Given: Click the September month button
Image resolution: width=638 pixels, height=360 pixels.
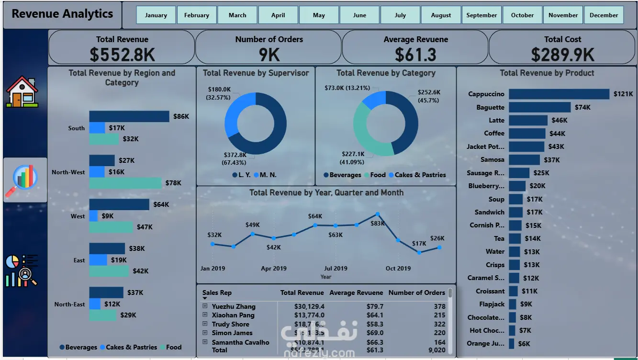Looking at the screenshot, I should click(x=481, y=15).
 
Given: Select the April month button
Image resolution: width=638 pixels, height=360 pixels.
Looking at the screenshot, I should click(x=278, y=15).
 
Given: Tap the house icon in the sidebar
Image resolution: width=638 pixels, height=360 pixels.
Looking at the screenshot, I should click(x=22, y=91).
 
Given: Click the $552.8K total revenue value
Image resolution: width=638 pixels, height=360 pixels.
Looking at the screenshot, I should click(x=122, y=55).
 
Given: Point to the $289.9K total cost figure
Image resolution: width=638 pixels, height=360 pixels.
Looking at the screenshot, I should click(x=562, y=55).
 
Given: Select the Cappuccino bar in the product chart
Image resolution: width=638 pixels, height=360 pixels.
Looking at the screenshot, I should click(x=559, y=94).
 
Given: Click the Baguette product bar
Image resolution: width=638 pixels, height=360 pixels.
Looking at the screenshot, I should click(x=539, y=107).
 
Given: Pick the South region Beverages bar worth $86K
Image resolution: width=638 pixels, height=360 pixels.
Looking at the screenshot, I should click(x=129, y=116).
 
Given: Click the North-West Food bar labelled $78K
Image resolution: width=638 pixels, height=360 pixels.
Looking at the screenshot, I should click(x=125, y=183).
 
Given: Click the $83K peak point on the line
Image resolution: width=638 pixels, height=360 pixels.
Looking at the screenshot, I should click(x=378, y=214).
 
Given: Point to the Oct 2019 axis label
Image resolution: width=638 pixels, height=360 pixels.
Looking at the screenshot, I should click(x=398, y=268).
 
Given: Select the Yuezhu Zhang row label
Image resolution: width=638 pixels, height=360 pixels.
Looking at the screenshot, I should click(x=234, y=306).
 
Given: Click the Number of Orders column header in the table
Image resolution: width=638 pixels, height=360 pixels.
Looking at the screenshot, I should click(x=416, y=292).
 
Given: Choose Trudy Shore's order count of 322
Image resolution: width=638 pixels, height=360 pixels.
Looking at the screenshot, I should click(x=439, y=324).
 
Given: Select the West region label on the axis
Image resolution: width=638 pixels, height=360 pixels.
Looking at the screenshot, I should click(x=78, y=216).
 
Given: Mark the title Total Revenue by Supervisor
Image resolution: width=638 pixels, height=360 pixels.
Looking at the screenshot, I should click(x=256, y=73).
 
